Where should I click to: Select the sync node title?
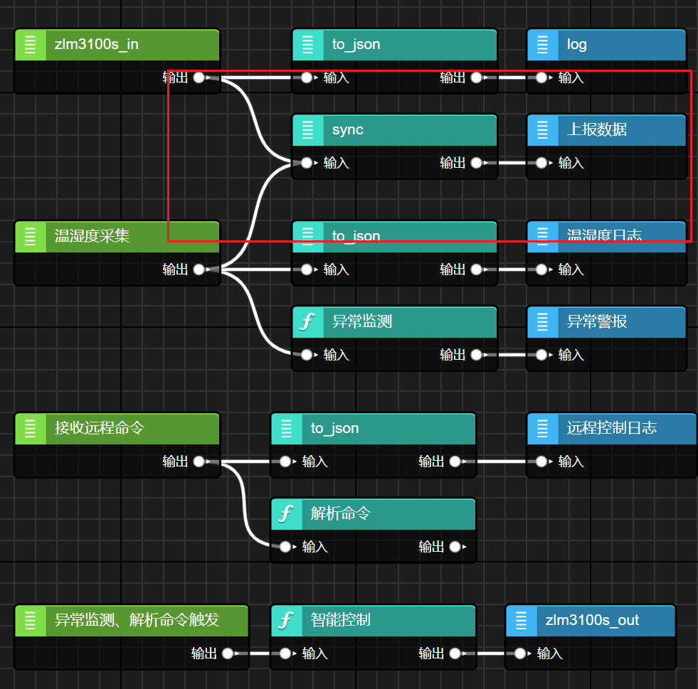pyautogui.click(x=347, y=130)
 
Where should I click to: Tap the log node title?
pyautogui.click(x=576, y=45)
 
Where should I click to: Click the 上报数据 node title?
pyautogui.click(x=596, y=130)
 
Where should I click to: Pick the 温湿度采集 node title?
pyautogui.click(x=92, y=236)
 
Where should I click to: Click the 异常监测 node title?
pyautogui.click(x=361, y=321)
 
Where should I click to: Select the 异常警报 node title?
pyautogui.click(x=596, y=321)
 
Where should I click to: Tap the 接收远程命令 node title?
pyautogui.click(x=99, y=428)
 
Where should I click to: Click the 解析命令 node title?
pyautogui.click(x=340, y=513)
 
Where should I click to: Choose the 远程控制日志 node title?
pyautogui.click(x=611, y=428)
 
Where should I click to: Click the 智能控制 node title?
pyautogui.click(x=340, y=620)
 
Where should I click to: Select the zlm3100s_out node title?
pyautogui.click(x=592, y=620)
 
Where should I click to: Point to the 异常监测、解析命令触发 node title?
pyautogui.click(x=137, y=620)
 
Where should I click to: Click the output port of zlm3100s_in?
pyautogui.click(x=199, y=78)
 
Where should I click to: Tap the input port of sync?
pyautogui.click(x=307, y=163)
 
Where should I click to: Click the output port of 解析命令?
pyautogui.click(x=455, y=547)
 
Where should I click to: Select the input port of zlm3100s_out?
pyautogui.click(x=520, y=653)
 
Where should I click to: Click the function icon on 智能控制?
pyautogui.click(x=286, y=620)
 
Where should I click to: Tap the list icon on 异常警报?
pyautogui.click(x=542, y=321)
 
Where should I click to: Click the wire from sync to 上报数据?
pyautogui.click(x=512, y=163)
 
